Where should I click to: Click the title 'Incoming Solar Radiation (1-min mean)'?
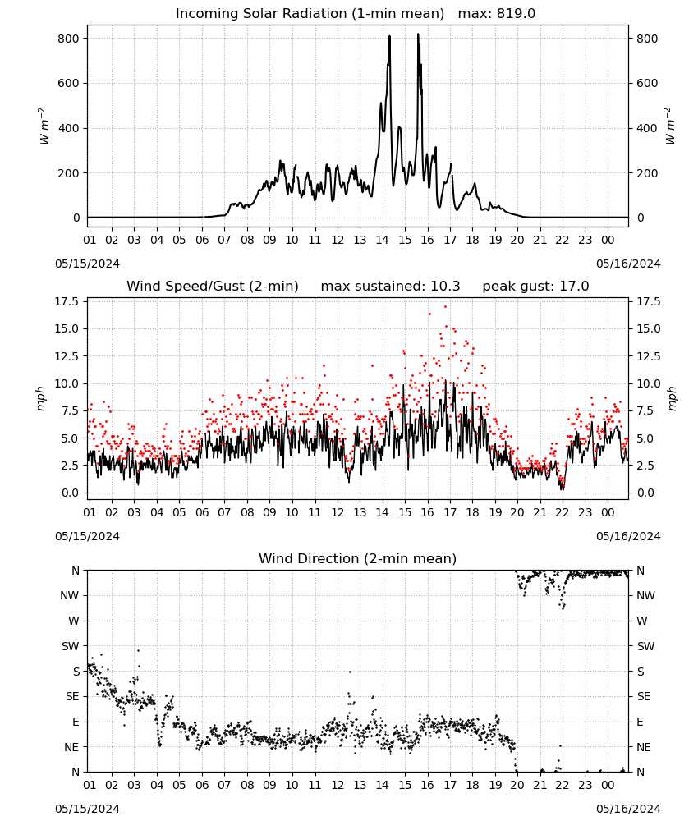pyautogui.click(x=310, y=14)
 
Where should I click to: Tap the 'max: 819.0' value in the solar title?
pyautogui.click(x=497, y=14)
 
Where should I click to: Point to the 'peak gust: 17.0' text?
pyautogui.click(x=535, y=287)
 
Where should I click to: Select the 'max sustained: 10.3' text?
pyautogui.click(x=391, y=287)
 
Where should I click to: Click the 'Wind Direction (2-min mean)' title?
pyautogui.click(x=358, y=558)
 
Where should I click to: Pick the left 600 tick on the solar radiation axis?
pyautogui.click(x=69, y=83)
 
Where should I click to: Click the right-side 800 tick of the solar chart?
pyautogui.click(x=647, y=39)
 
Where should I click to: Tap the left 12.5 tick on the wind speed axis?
pyautogui.click(x=67, y=356)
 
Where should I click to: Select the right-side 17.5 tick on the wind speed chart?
pyautogui.click(x=649, y=301)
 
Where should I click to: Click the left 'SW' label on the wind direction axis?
pyautogui.click(x=70, y=646)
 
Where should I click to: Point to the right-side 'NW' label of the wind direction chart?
pyautogui.click(x=645, y=595)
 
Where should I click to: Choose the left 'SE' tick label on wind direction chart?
pyautogui.click(x=72, y=696)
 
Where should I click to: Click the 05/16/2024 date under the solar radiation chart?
pyautogui.click(x=628, y=264)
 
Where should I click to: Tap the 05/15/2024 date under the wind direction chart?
pyautogui.click(x=87, y=809)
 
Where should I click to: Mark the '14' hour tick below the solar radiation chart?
pyautogui.click(x=382, y=240)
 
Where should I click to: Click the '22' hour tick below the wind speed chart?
pyautogui.click(x=563, y=512)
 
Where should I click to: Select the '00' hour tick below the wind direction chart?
pyautogui.click(x=608, y=785)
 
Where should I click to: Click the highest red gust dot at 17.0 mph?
pyautogui.click(x=446, y=307)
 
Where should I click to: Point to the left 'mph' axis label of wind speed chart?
pyautogui.click(x=42, y=398)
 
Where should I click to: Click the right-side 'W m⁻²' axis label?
pyautogui.click(x=670, y=126)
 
